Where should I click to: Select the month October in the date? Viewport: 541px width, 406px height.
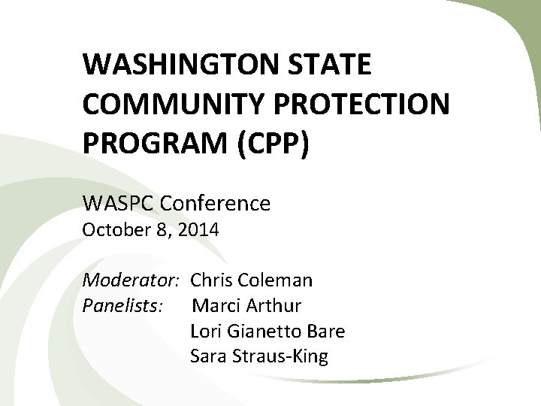pos(111,230)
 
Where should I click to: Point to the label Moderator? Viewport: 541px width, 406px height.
pos(129,281)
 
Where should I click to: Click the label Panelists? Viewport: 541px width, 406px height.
pos(121,306)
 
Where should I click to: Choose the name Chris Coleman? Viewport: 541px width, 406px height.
pos(252,281)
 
